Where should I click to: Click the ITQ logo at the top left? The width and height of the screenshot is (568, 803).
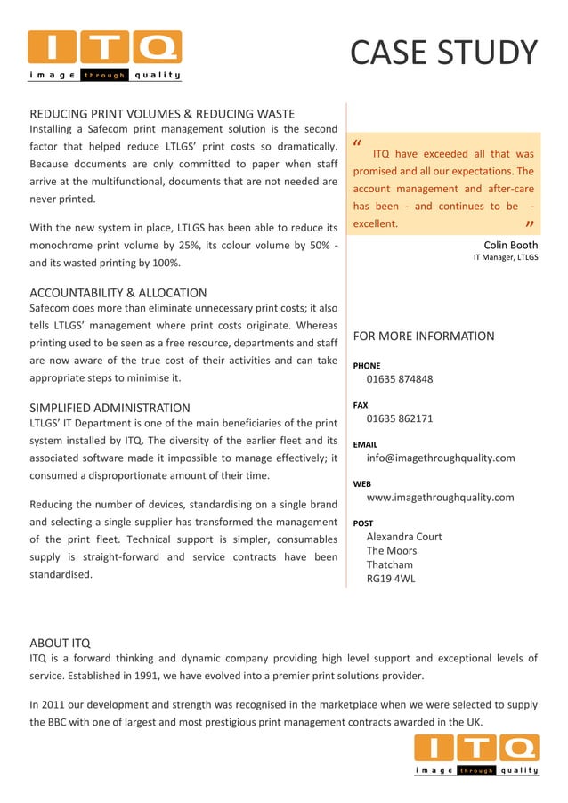click(x=105, y=55)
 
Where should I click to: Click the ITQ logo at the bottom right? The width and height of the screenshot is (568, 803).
click(x=476, y=755)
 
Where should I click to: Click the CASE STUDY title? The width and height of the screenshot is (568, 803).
click(x=443, y=53)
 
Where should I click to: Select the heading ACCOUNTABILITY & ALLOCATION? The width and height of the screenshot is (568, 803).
click(x=118, y=293)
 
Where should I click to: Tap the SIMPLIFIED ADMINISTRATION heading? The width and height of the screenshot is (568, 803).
click(x=110, y=408)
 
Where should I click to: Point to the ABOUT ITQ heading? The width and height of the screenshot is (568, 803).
click(x=60, y=643)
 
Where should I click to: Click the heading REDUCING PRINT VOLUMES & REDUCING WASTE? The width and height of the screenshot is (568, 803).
click(x=162, y=114)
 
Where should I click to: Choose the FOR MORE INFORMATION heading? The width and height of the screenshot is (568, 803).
click(x=424, y=337)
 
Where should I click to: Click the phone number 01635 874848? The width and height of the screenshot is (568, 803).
click(x=400, y=379)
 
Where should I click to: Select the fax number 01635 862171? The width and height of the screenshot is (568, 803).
click(x=400, y=418)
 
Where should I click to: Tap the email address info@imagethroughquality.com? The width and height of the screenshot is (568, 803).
click(x=441, y=458)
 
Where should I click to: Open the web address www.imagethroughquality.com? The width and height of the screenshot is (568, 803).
click(x=440, y=497)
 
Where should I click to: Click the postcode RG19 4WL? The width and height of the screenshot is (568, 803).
click(x=391, y=579)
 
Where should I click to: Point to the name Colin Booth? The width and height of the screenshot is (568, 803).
click(x=510, y=245)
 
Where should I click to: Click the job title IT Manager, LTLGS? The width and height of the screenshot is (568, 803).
click(x=505, y=258)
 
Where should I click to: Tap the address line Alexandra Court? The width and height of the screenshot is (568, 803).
click(x=404, y=537)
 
